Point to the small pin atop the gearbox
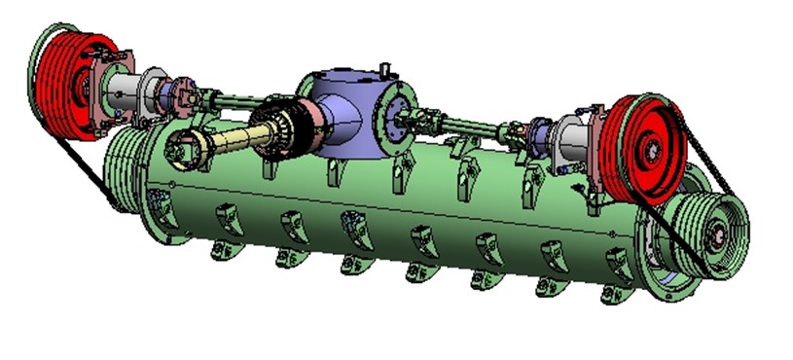pos(385,69)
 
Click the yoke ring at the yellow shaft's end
pos(184,149)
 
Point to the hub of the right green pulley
pos(719,234)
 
